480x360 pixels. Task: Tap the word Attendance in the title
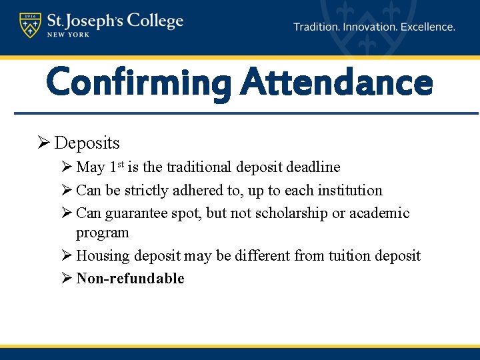coord(337,84)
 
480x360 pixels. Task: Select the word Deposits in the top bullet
coord(87,143)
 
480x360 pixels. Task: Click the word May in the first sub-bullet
coord(91,167)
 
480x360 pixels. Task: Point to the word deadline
coord(313,167)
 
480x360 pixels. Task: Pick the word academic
coord(379,213)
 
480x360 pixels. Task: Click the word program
coord(102,233)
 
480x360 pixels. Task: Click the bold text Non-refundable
coord(130,279)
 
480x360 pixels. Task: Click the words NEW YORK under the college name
coord(69,35)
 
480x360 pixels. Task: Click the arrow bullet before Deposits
coord(43,143)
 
